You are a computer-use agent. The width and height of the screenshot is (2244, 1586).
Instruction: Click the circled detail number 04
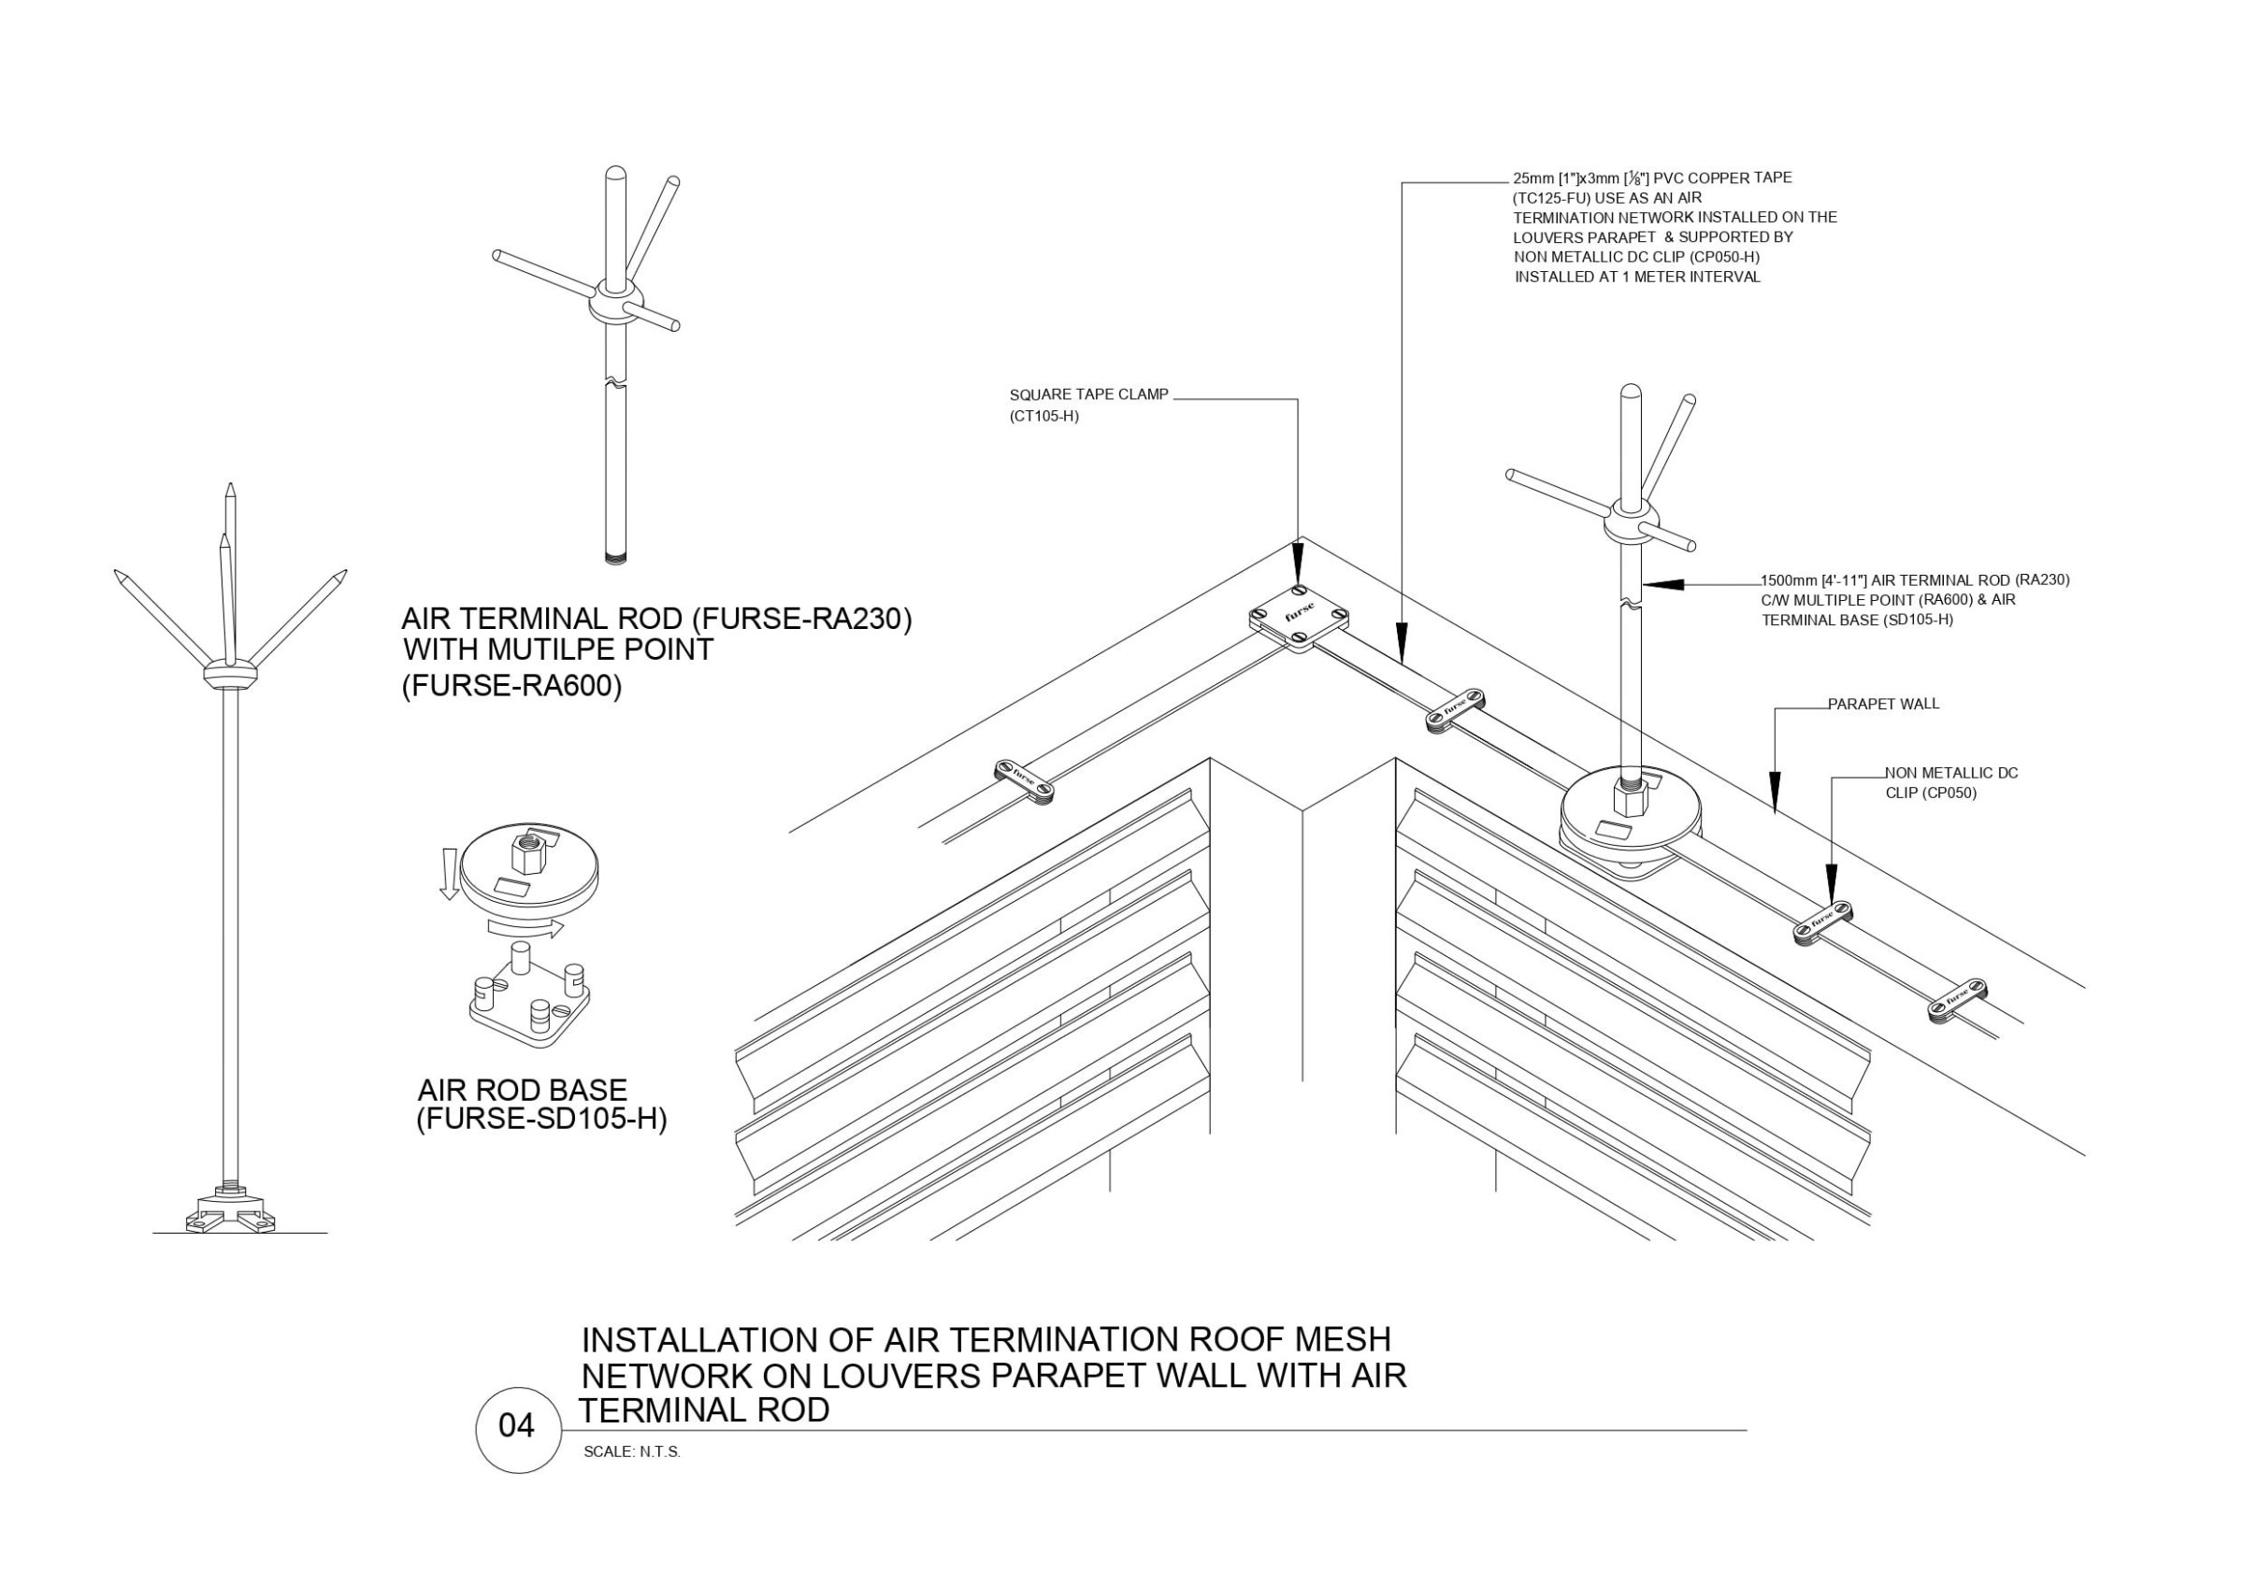tap(518, 1428)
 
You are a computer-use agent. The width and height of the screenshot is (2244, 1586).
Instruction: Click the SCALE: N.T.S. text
tap(631, 1452)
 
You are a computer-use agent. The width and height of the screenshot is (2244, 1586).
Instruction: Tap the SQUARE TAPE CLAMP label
tap(1088, 394)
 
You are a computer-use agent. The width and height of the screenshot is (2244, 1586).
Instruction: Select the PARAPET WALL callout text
tap(1883, 704)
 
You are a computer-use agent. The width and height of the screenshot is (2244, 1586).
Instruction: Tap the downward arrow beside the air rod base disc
tap(450, 873)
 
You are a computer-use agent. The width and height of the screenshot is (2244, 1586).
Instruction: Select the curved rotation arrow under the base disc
tap(526, 925)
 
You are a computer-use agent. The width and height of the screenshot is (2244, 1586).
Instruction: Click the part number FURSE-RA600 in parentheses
tap(511, 686)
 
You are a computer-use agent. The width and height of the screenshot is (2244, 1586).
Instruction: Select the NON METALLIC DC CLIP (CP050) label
tap(1950, 783)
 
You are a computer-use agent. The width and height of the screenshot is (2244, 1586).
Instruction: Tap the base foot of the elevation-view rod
tap(231, 1209)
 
